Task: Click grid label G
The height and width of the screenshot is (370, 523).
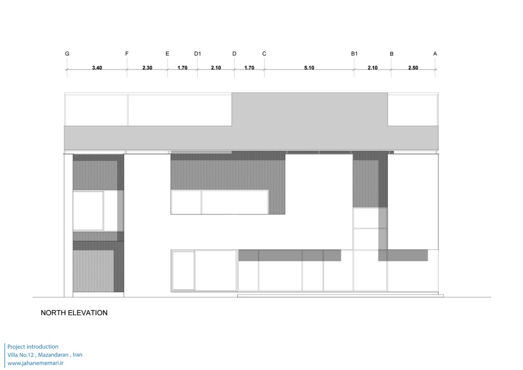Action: [67, 54]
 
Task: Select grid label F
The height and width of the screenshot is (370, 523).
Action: [127, 54]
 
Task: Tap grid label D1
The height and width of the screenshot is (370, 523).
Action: [197, 54]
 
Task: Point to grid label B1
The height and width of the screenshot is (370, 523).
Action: [354, 54]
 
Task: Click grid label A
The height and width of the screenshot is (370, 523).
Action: [435, 54]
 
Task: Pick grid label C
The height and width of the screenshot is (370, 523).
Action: [264, 54]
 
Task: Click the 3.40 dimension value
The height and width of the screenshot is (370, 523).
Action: [97, 68]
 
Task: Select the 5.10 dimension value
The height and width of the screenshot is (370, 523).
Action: [309, 68]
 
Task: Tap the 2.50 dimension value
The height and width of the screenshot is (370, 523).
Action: [413, 68]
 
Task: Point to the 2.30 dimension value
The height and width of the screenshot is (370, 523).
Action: [147, 68]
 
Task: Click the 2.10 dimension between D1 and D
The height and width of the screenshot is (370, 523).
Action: [216, 68]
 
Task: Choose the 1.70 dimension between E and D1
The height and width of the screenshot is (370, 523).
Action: [182, 68]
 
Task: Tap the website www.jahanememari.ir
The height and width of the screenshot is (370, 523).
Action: [35, 363]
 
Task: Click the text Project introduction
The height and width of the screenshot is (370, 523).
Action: [33, 347]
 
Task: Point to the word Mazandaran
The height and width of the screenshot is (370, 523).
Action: [53, 355]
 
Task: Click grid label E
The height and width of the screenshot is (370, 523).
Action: [167, 54]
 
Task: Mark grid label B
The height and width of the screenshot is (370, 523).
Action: [392, 54]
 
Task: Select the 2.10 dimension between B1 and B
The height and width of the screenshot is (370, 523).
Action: [373, 68]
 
